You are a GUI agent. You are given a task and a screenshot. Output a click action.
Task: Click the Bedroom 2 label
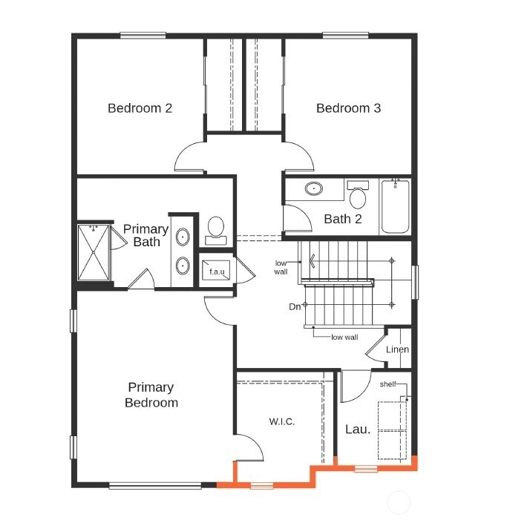coord(140,108)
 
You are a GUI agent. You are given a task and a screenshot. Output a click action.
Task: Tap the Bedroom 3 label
coord(348,108)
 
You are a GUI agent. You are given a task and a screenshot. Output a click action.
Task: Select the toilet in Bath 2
coord(358,194)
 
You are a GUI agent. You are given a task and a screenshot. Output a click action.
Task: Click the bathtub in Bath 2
coord(395,207)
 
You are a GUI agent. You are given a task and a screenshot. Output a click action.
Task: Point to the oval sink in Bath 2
coord(314,188)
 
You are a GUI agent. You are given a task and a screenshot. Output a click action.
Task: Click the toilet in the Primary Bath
coord(215,231)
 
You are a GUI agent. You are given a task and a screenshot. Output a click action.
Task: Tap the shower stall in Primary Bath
coord(94,252)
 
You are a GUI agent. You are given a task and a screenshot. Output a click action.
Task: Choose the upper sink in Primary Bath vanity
coord(183,237)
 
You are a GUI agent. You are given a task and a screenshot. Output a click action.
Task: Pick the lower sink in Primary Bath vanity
coord(183,266)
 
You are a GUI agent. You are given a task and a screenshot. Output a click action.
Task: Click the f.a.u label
coord(217,272)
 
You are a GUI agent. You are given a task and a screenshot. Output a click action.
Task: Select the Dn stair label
coord(295,306)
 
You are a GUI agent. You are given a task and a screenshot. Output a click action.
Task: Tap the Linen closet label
coord(397,349)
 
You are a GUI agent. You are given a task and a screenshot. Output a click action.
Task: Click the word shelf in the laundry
coord(387,384)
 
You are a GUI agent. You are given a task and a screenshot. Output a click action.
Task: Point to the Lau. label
coord(358,429)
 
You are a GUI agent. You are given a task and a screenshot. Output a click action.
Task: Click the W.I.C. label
coord(282,421)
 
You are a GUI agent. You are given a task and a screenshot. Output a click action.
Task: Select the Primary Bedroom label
coord(151,395)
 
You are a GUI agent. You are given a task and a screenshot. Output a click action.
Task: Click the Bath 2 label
coord(343,219)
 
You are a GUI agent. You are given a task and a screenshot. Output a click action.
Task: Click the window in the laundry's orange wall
coord(366,469)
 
